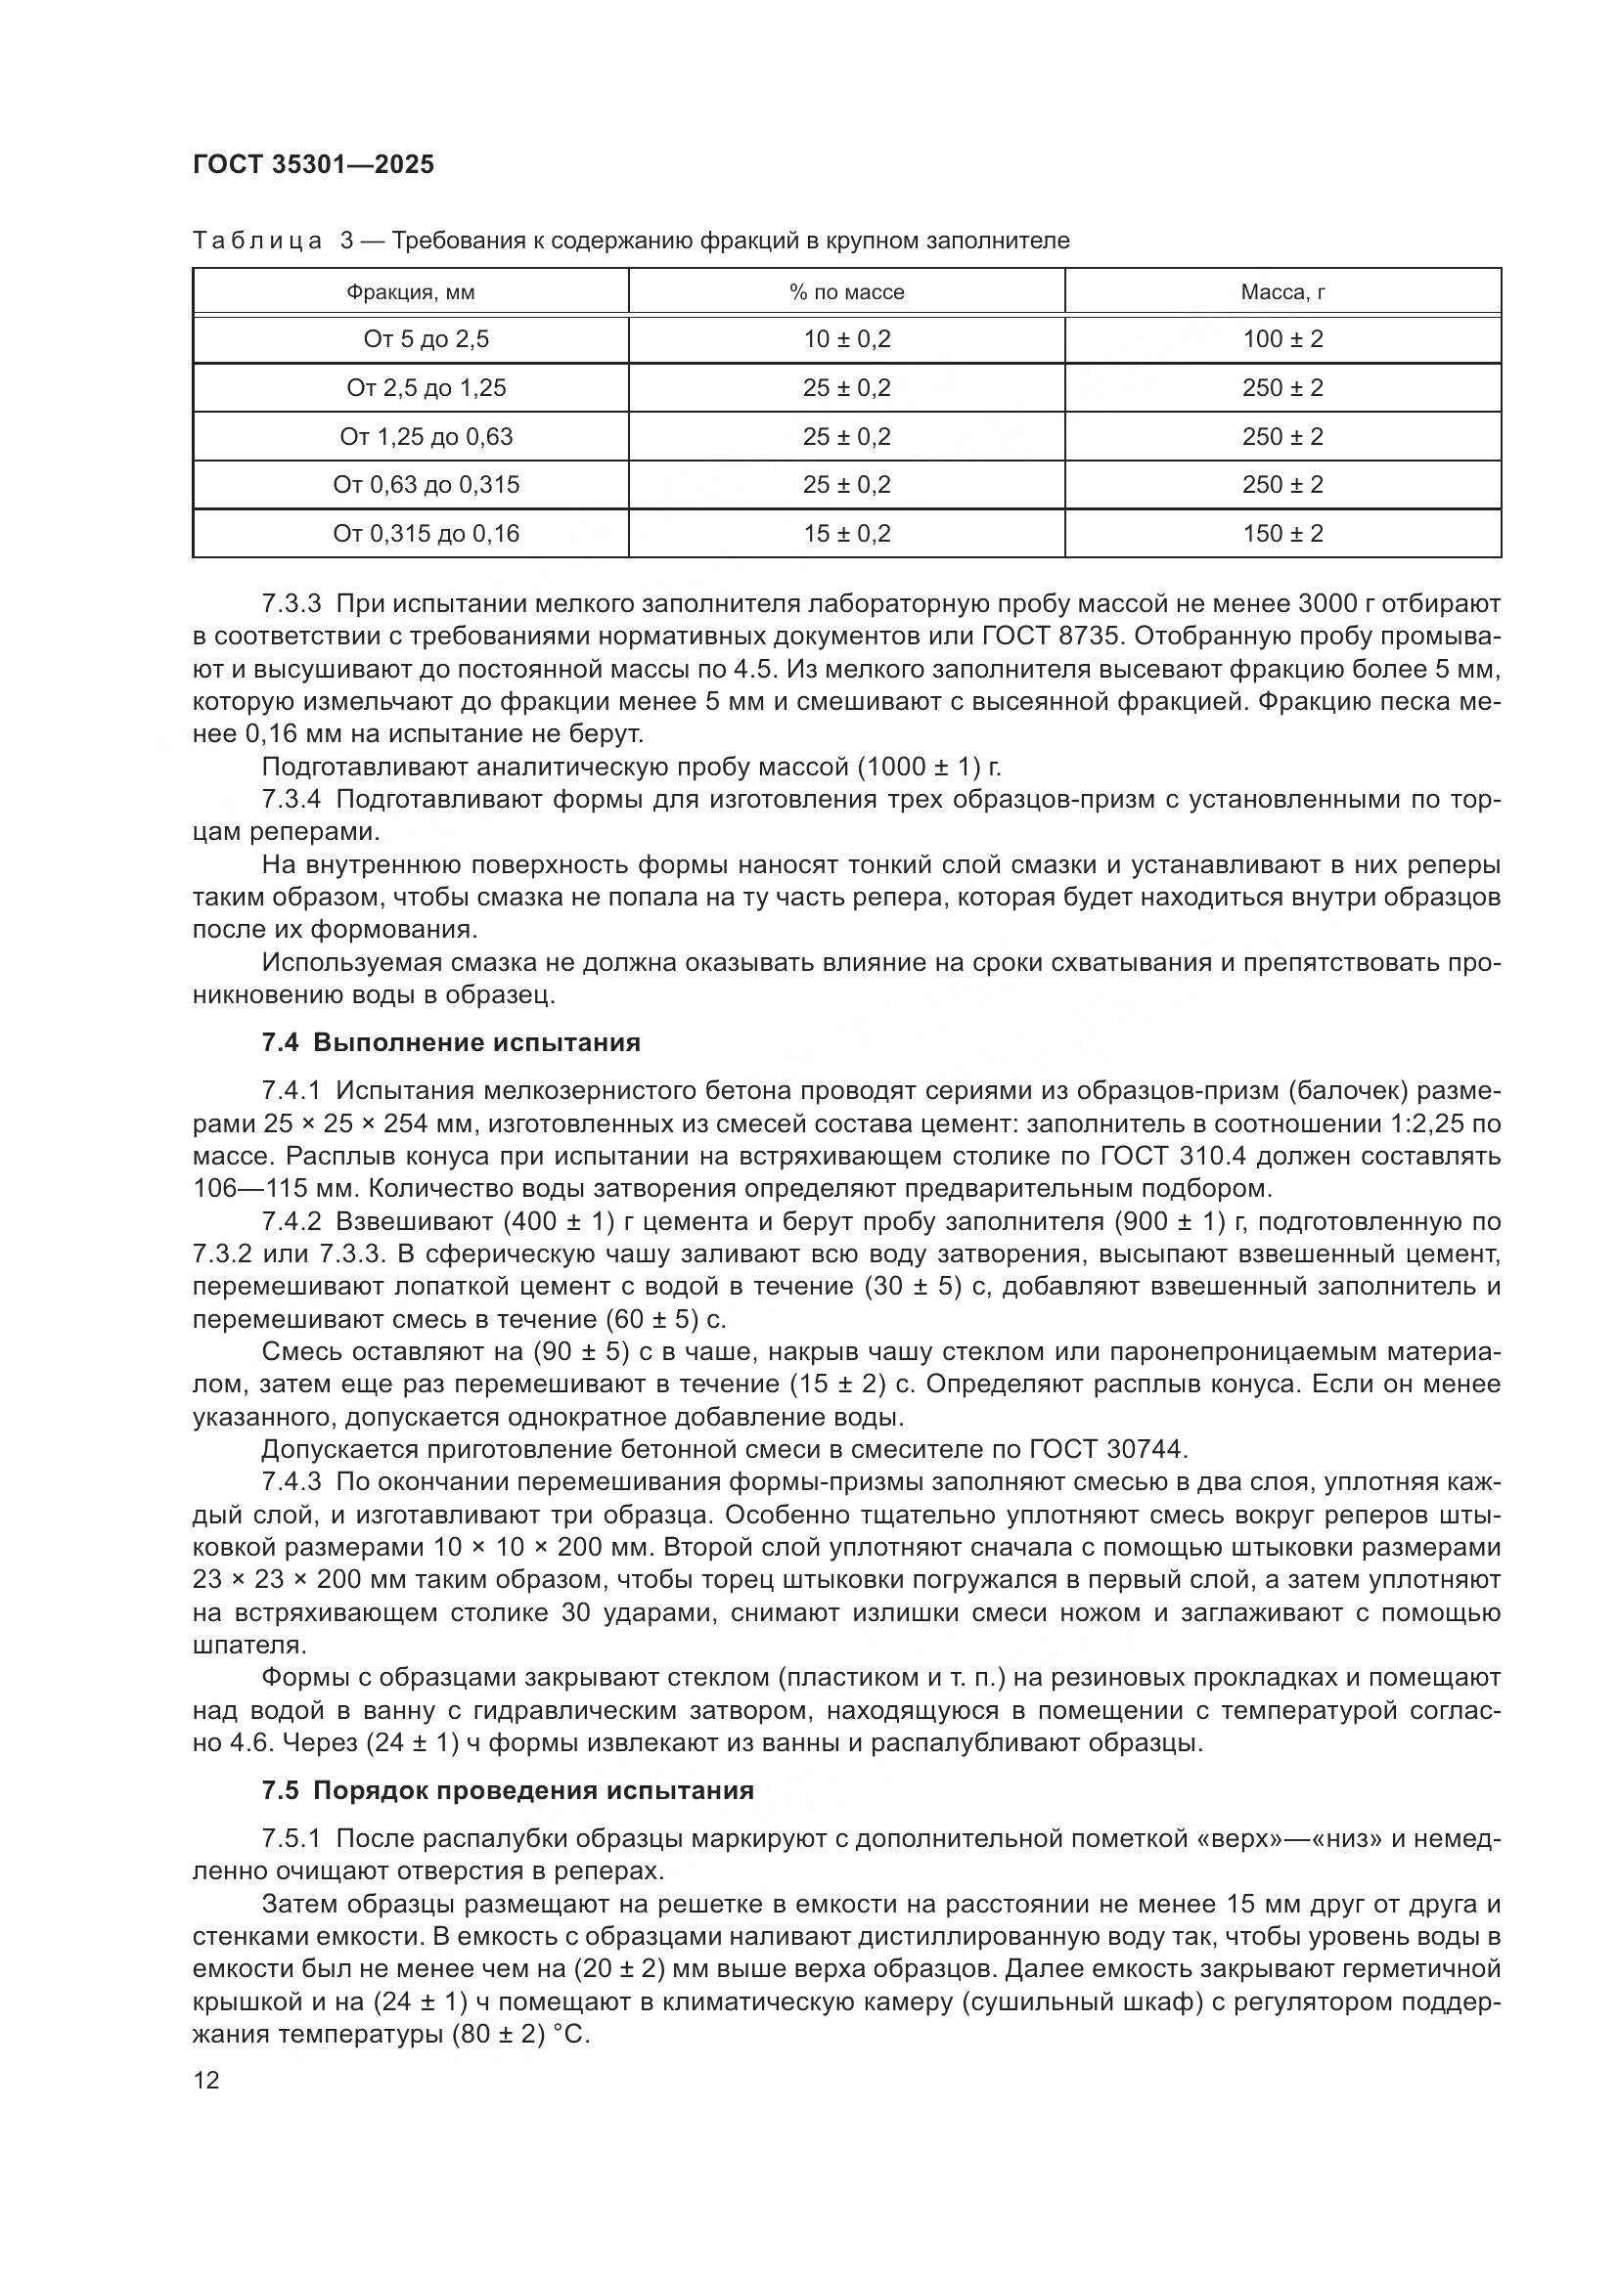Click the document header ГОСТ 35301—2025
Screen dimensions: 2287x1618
click(313, 164)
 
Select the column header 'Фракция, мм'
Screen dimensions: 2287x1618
click(411, 291)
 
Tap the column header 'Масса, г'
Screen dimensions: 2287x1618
click(1282, 291)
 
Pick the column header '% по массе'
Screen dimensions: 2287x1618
click(846, 291)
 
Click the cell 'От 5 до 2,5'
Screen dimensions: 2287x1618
click(426, 339)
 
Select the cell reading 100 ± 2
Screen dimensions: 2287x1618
click(1282, 339)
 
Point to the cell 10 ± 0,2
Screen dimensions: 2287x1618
click(846, 339)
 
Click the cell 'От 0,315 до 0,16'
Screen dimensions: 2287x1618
click(426, 534)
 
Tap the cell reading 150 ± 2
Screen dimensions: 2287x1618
click(1282, 534)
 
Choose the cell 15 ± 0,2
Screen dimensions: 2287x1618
click(846, 534)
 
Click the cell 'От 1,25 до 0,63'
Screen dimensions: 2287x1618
click(426, 436)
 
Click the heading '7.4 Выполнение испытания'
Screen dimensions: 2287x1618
click(450, 1043)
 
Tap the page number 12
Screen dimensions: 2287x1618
click(206, 2081)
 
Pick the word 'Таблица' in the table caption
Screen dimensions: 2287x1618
click(257, 242)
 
